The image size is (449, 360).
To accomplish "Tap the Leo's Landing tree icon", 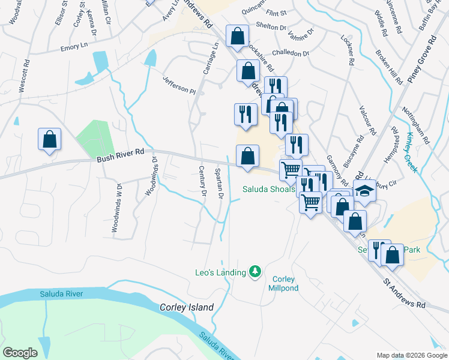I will [x=256, y=272].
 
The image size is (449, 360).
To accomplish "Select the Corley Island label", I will [x=187, y=307].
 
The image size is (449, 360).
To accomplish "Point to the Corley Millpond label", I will [x=285, y=283].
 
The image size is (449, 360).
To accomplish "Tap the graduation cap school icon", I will [x=364, y=191].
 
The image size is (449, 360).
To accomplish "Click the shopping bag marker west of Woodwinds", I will [x=49, y=139].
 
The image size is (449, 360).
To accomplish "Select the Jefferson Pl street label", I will [x=179, y=85].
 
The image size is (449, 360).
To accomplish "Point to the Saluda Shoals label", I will [x=268, y=189].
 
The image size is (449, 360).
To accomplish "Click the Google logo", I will [x=20, y=353].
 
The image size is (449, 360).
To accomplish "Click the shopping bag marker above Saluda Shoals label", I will [x=247, y=157].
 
